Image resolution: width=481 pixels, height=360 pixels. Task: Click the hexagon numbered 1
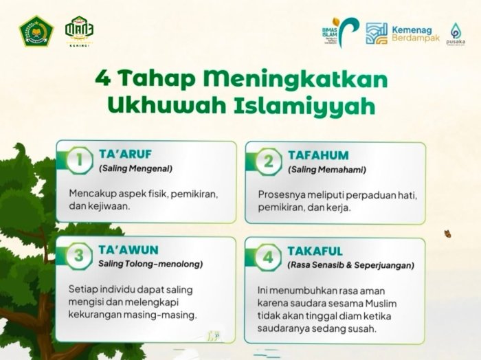coord(80,160)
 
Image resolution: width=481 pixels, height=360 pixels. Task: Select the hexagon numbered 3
coord(80,256)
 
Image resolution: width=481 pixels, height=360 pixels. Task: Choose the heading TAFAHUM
coord(318,155)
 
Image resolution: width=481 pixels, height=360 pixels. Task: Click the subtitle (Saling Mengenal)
coord(135,168)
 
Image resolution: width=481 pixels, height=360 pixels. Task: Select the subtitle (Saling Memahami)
coord(327,169)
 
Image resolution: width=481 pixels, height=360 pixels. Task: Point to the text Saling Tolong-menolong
coord(150,264)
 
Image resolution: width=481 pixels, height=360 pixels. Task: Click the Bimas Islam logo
coord(341,32)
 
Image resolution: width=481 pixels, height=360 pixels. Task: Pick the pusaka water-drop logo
coord(456,33)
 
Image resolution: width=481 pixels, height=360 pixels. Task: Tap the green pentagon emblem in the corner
coord(36,31)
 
